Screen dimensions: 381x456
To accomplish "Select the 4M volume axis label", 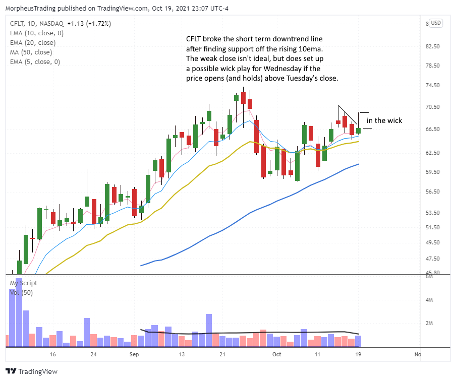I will (430, 300).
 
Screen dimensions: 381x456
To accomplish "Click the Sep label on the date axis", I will (134, 355).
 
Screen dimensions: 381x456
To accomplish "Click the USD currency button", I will (435, 23).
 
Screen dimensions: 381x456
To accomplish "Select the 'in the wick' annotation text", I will (384, 120).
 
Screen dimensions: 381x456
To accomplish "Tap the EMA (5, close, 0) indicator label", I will (34, 61).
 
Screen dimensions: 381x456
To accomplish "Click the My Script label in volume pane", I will (23, 283).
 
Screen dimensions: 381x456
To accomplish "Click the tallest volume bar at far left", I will (19, 312).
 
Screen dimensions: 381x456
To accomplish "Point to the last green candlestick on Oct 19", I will (358, 131).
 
